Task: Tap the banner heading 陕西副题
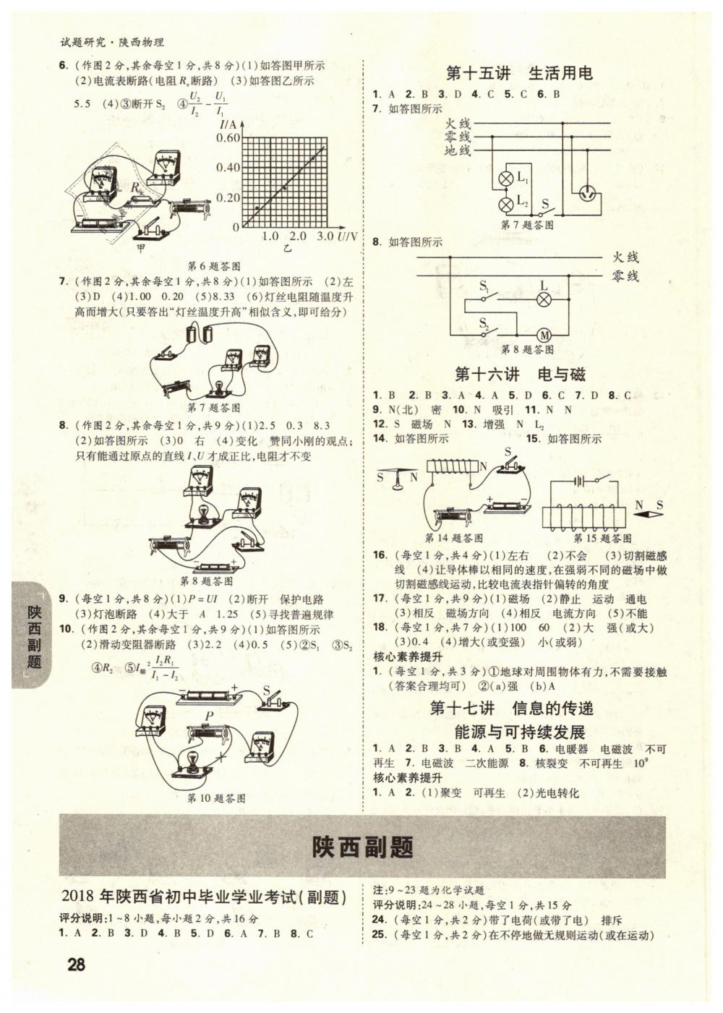(362, 847)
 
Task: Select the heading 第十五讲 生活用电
(519, 74)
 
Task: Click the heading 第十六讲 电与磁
(520, 375)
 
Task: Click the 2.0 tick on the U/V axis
(297, 236)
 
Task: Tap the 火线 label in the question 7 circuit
(457, 124)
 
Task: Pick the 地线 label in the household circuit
(457, 150)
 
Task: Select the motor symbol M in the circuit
(543, 335)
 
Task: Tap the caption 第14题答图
(454, 538)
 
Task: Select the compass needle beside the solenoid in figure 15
(649, 514)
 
